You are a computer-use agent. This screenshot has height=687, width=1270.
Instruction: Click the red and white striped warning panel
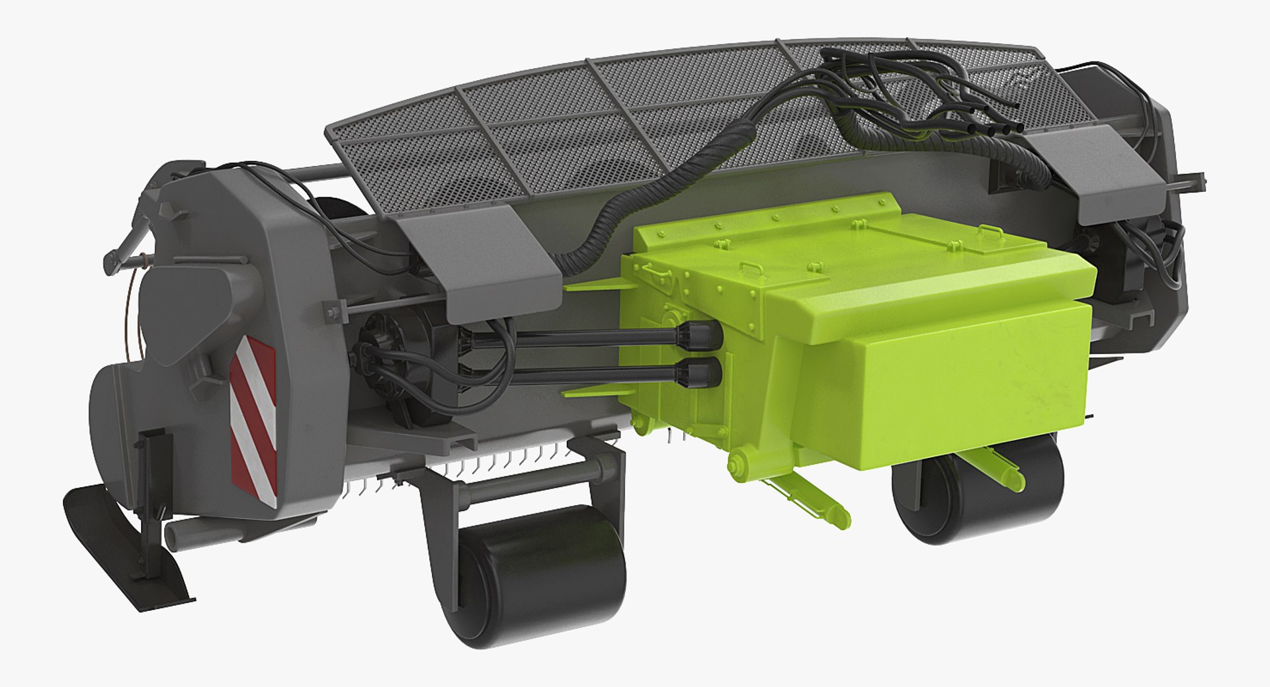[253, 417]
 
